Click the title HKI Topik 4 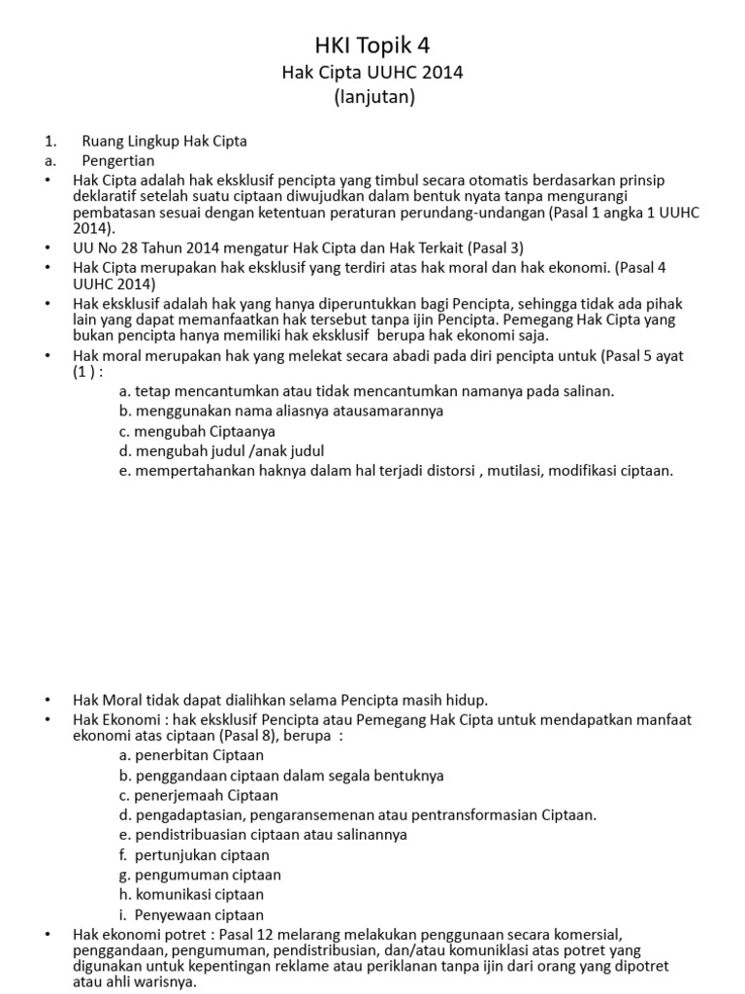[x=372, y=45]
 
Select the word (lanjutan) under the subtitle [x=372, y=98]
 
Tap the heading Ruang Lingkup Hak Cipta [x=164, y=141]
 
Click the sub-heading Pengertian [x=118, y=160]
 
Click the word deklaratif [x=106, y=197]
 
